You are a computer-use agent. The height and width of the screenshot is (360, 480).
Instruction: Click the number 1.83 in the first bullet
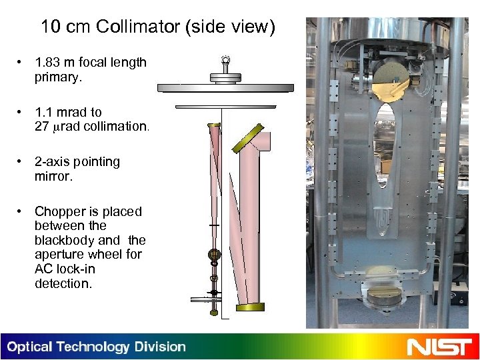tap(49, 63)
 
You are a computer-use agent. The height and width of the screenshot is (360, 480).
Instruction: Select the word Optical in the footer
tap(29, 347)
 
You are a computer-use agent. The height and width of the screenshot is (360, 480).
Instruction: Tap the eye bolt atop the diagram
tap(225, 61)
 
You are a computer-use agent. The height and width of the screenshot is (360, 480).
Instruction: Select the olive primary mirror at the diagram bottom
tap(249, 307)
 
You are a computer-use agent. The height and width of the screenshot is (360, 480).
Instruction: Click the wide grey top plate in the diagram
tap(225, 87)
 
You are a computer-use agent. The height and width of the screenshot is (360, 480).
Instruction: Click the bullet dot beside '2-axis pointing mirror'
tap(22, 162)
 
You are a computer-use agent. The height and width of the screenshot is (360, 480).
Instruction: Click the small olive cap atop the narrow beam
tap(214, 125)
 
